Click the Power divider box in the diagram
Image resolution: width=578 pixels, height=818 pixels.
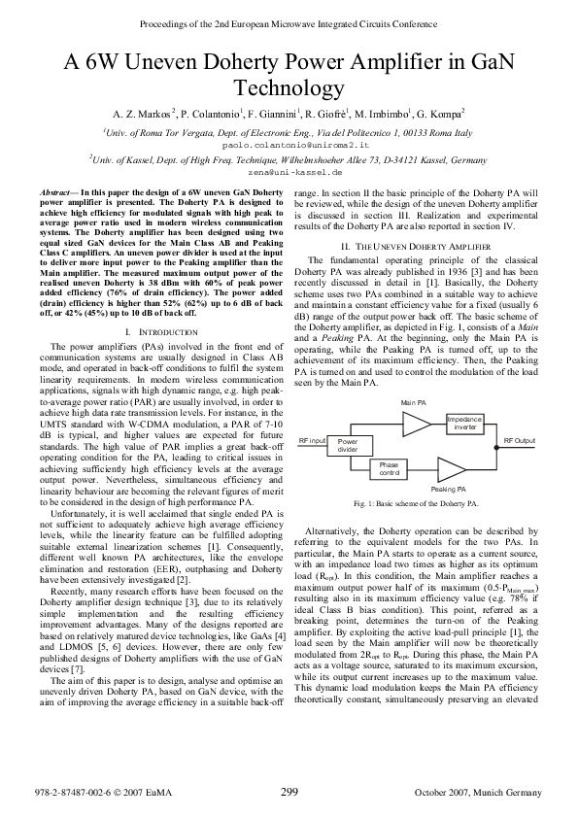click(348, 446)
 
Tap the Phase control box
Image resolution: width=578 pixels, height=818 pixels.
click(389, 468)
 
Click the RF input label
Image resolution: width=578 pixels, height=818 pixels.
click(311, 441)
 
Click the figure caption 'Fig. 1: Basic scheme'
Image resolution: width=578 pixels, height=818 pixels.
click(417, 505)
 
